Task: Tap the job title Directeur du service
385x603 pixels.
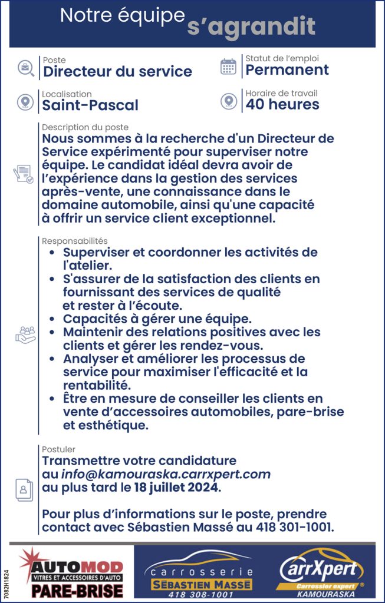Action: [117, 72]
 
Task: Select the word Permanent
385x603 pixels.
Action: [287, 70]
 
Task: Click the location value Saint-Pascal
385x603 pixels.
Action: [90, 105]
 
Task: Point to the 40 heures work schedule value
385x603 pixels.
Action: [282, 105]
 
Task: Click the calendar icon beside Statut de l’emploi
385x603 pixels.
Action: [228, 67]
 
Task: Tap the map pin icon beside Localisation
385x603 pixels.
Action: [25, 102]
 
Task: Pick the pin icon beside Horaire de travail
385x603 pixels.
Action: [229, 101]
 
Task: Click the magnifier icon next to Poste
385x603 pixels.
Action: [25, 67]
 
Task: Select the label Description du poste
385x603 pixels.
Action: [85, 127]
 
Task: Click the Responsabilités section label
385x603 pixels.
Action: [74, 241]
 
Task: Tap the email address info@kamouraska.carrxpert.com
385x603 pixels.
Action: [166, 474]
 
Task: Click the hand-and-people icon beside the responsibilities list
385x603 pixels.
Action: [25, 334]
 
